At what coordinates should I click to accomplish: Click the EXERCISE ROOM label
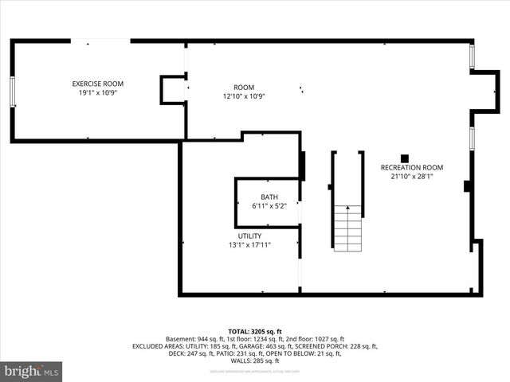pyautogui.click(x=98, y=84)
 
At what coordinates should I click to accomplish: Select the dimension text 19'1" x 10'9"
pyautogui.click(x=98, y=92)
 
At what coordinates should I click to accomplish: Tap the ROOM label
pyautogui.click(x=244, y=88)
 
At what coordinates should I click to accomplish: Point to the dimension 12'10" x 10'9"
pyautogui.click(x=244, y=96)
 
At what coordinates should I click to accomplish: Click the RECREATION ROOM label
pyautogui.click(x=411, y=168)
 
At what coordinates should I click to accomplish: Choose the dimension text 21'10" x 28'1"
pyautogui.click(x=411, y=177)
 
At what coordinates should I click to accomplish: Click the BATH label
pyautogui.click(x=269, y=197)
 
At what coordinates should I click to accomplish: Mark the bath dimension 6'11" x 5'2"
pyautogui.click(x=269, y=206)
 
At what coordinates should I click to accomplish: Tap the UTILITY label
pyautogui.click(x=249, y=236)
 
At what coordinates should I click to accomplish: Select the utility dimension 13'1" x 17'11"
pyautogui.click(x=249, y=245)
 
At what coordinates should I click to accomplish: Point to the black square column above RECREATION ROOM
pyautogui.click(x=405, y=158)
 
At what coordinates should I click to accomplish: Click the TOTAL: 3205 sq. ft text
pyautogui.click(x=255, y=332)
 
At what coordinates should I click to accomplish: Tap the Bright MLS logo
pyautogui.click(x=32, y=371)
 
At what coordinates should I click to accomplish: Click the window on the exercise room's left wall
pyautogui.click(x=13, y=92)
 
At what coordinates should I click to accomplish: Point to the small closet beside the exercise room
pyautogui.click(x=173, y=89)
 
